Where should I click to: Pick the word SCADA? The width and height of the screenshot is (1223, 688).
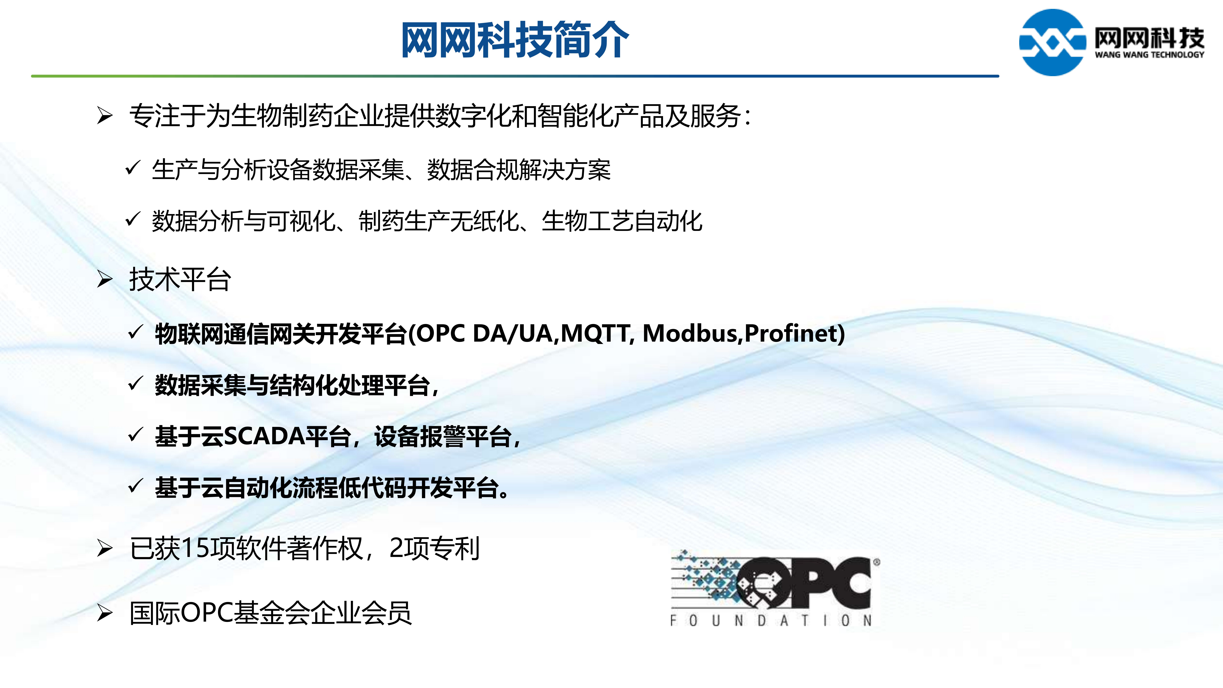(264, 436)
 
